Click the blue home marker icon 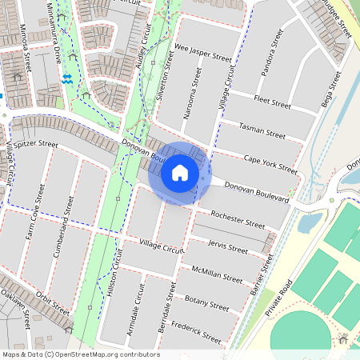pos(180,172)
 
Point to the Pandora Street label pos(272,54)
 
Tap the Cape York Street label pos(270,164)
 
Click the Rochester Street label pos(238,220)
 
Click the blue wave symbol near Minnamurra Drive pos(67,78)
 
